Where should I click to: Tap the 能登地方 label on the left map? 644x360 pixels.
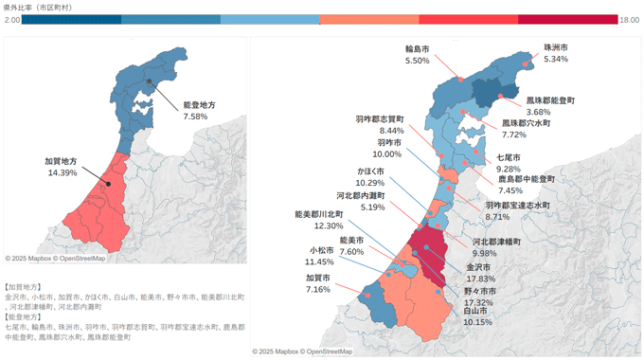(198, 106)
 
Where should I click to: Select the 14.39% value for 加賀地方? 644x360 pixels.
(62, 173)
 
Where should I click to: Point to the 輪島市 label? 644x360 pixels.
(417, 48)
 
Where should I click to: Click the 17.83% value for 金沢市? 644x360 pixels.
(479, 279)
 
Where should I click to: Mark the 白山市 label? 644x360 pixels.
(476, 311)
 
